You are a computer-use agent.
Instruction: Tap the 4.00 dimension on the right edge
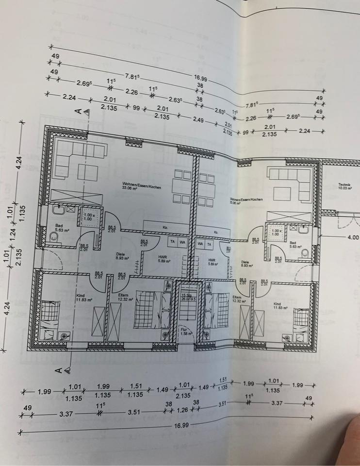click(x=352, y=237)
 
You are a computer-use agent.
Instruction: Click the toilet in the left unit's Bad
click(x=54, y=237)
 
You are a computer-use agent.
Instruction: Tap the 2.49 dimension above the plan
click(x=198, y=119)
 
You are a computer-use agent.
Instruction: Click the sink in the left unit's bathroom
click(x=58, y=210)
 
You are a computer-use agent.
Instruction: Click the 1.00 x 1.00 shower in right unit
click(x=276, y=233)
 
